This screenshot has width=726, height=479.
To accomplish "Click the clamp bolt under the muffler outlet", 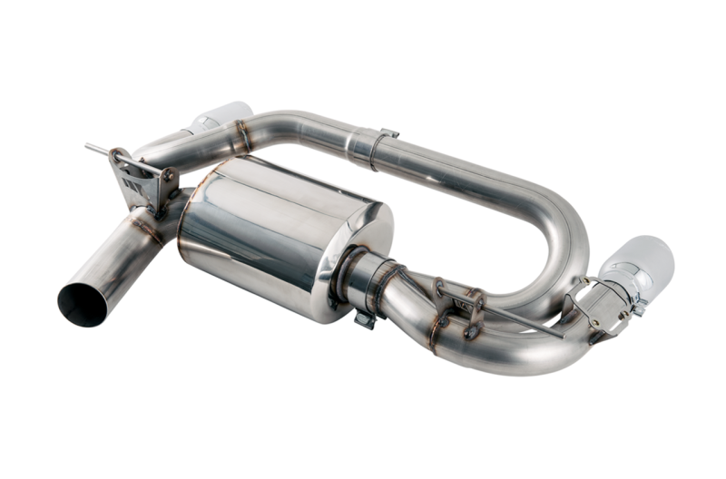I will point(365,318).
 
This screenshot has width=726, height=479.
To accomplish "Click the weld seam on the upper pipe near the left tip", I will point(240,141).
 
